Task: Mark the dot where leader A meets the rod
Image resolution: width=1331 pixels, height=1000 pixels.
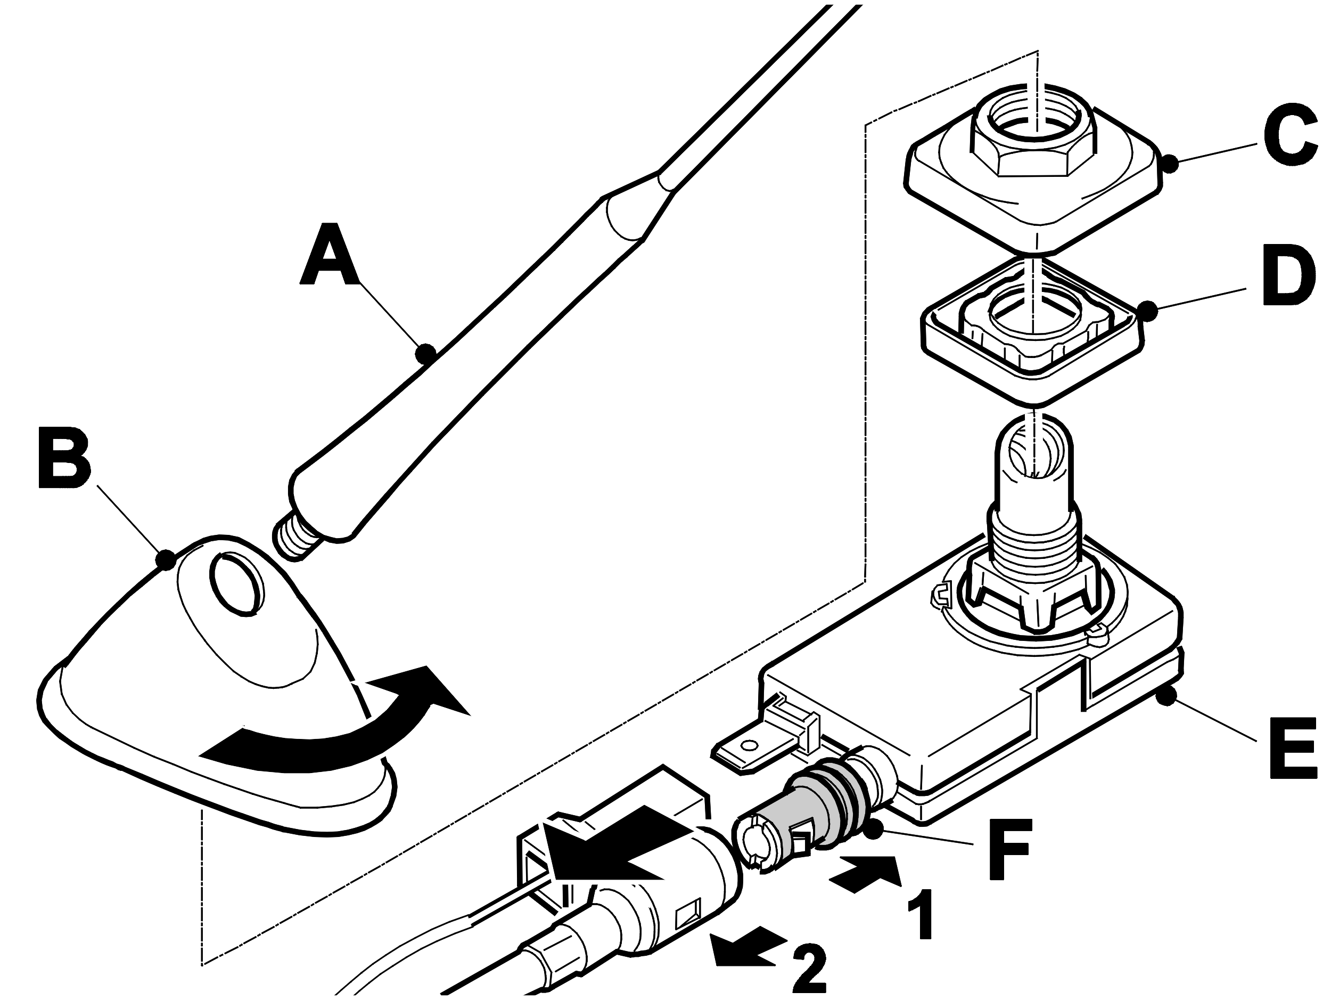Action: tap(426, 352)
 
